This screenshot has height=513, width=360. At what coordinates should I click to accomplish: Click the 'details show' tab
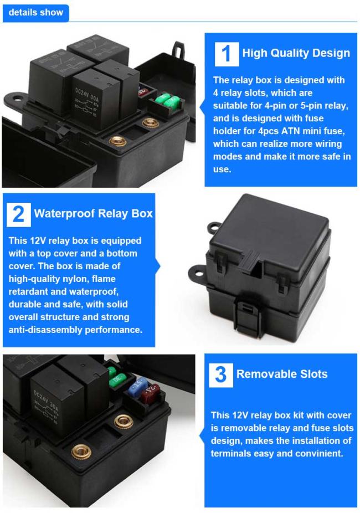[35, 13]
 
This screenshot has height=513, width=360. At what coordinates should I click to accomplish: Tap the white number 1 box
[227, 54]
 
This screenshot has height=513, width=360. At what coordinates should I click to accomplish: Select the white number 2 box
[19, 214]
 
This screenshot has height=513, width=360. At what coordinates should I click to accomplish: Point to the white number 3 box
[221, 375]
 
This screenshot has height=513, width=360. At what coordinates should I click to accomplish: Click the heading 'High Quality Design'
[296, 53]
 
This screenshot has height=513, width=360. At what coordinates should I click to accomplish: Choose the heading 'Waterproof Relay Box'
[93, 214]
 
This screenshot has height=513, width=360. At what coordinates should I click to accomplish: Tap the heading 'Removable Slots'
[282, 374]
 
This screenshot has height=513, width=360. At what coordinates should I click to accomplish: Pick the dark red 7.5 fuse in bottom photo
[150, 393]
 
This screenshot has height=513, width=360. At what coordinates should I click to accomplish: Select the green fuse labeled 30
[118, 379]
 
